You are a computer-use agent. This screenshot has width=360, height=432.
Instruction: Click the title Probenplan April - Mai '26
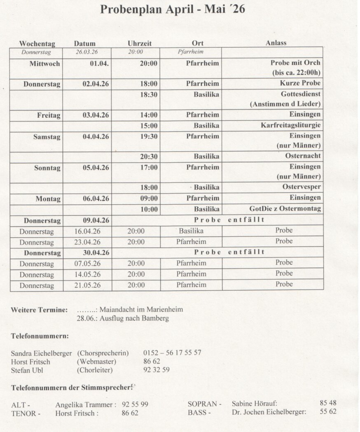click(x=172, y=9)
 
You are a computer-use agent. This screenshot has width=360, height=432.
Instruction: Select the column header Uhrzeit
click(x=139, y=43)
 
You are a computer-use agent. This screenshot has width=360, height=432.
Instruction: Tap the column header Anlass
click(x=276, y=43)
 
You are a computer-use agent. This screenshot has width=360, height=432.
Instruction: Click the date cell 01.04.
click(x=99, y=63)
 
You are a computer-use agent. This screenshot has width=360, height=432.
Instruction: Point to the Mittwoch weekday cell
click(x=44, y=64)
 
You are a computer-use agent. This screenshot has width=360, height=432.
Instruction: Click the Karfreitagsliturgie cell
click(x=290, y=125)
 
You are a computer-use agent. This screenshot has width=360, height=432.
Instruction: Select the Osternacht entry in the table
click(x=303, y=156)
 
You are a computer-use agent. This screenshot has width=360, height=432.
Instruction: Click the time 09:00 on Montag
click(x=149, y=198)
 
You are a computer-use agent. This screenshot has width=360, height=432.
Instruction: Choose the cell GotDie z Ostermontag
click(x=285, y=209)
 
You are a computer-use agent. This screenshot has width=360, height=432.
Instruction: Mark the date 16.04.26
click(x=87, y=231)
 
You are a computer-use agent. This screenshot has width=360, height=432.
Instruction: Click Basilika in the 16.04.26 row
click(x=191, y=231)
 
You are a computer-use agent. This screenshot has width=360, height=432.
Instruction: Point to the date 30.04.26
click(x=96, y=252)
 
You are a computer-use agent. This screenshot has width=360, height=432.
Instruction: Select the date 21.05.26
click(x=87, y=285)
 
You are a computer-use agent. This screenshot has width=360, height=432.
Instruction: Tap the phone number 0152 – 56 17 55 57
click(x=172, y=353)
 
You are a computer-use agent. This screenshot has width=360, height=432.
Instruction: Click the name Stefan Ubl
click(x=27, y=370)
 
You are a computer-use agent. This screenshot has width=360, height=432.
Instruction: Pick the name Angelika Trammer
click(x=84, y=405)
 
